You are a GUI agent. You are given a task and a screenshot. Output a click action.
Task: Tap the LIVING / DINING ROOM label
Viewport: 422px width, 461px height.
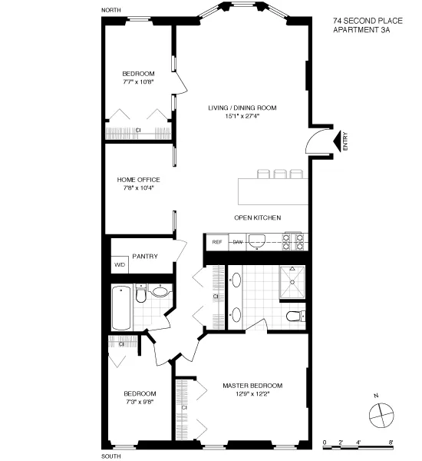[x=242, y=108]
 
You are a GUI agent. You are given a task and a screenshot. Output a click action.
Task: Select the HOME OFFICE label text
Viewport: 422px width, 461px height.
[x=138, y=180]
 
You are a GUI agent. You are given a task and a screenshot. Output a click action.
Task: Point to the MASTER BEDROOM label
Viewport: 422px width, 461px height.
[x=253, y=385]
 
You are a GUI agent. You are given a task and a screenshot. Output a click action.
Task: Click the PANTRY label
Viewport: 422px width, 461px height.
[x=145, y=256]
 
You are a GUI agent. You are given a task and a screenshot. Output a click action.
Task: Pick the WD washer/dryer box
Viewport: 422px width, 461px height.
[x=120, y=265]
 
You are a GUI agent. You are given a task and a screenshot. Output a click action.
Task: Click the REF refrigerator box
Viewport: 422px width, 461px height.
[x=217, y=242]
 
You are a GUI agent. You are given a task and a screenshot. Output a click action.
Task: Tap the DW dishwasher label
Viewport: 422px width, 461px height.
[x=238, y=242]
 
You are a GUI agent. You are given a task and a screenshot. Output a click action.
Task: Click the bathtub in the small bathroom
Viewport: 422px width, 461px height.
[x=120, y=307]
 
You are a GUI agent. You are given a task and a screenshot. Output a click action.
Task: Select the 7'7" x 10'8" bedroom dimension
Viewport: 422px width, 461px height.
[x=138, y=81]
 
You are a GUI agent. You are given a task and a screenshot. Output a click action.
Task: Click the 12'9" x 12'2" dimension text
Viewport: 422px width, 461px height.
[x=253, y=393]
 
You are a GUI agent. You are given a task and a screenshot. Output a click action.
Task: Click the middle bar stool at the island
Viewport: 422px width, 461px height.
[x=279, y=173]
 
